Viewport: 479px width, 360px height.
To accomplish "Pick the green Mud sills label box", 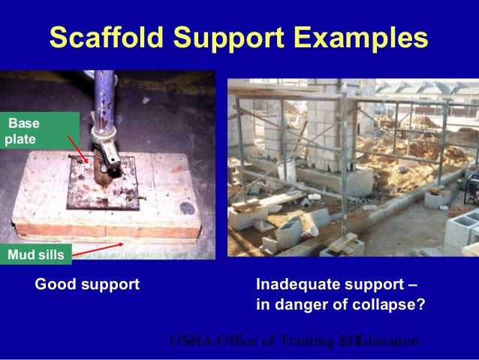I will tap(36, 256).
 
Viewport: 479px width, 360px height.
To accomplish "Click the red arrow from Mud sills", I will tap(98, 249).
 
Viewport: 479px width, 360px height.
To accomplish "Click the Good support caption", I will tap(87, 286).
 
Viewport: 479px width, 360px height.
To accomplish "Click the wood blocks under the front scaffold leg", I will tap(341, 242).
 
